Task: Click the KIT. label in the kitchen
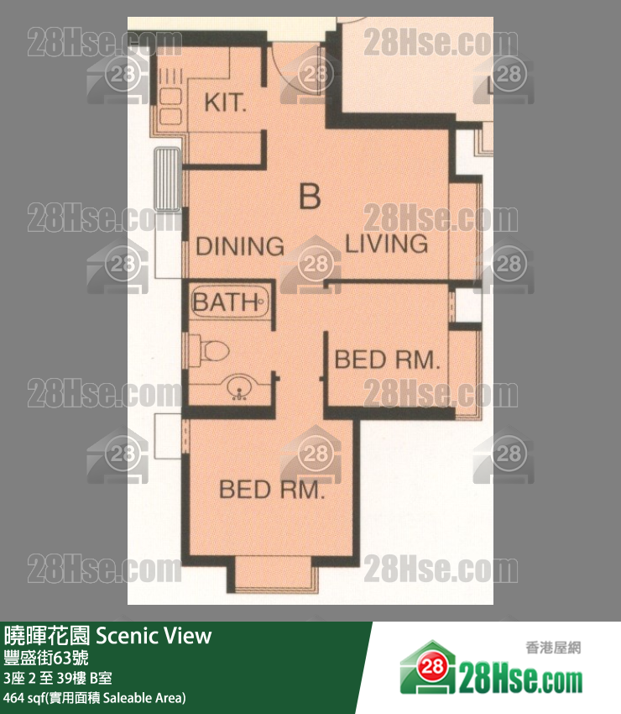[225, 102]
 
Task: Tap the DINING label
[240, 246]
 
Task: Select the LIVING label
[387, 244]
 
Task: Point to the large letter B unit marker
[310, 196]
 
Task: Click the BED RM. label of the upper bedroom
[388, 360]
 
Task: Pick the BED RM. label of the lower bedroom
[272, 490]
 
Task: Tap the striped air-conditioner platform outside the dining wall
[168, 179]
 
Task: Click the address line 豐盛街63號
[46, 658]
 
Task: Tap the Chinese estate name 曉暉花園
[47, 636]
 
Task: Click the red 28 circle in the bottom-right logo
[431, 667]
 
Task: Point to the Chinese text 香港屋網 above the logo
[553, 648]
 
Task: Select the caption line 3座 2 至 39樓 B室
[57, 679]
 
